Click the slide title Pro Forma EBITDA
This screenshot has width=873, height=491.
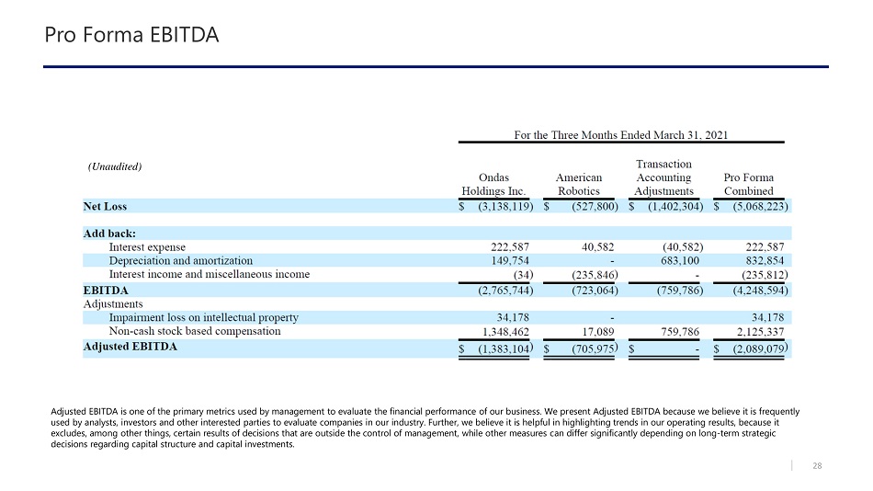click(x=131, y=36)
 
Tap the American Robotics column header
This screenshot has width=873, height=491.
click(x=579, y=184)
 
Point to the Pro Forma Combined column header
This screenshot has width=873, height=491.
click(x=749, y=184)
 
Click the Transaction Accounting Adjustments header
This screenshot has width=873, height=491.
click(x=663, y=177)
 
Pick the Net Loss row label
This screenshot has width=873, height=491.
click(x=105, y=207)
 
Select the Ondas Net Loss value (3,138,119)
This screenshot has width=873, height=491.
click(x=500, y=207)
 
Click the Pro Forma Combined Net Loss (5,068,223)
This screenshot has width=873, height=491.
click(x=756, y=207)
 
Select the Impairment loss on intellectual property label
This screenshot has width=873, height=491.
click(x=203, y=317)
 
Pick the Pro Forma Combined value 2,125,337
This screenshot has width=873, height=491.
click(x=758, y=331)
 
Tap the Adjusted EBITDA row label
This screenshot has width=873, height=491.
click(x=130, y=348)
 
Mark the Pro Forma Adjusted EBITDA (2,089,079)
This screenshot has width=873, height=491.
click(x=757, y=349)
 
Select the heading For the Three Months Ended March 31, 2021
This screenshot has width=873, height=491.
click(x=621, y=134)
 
